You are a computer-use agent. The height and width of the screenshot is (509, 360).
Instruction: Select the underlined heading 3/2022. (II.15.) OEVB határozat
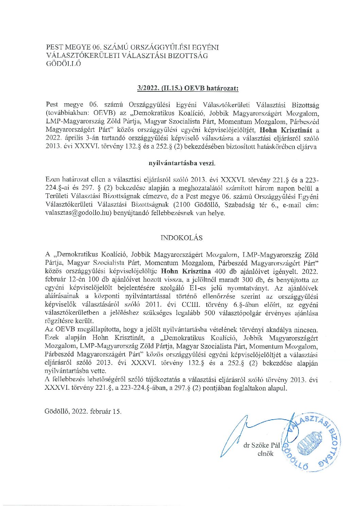click(x=188, y=88)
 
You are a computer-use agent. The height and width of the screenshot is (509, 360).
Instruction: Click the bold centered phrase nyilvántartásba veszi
click(x=182, y=163)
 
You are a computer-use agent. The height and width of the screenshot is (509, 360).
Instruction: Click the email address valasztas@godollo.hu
click(x=78, y=213)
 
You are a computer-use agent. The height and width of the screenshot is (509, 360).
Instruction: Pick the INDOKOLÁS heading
click(x=182, y=238)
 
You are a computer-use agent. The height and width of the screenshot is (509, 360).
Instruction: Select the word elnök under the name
click(x=265, y=453)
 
